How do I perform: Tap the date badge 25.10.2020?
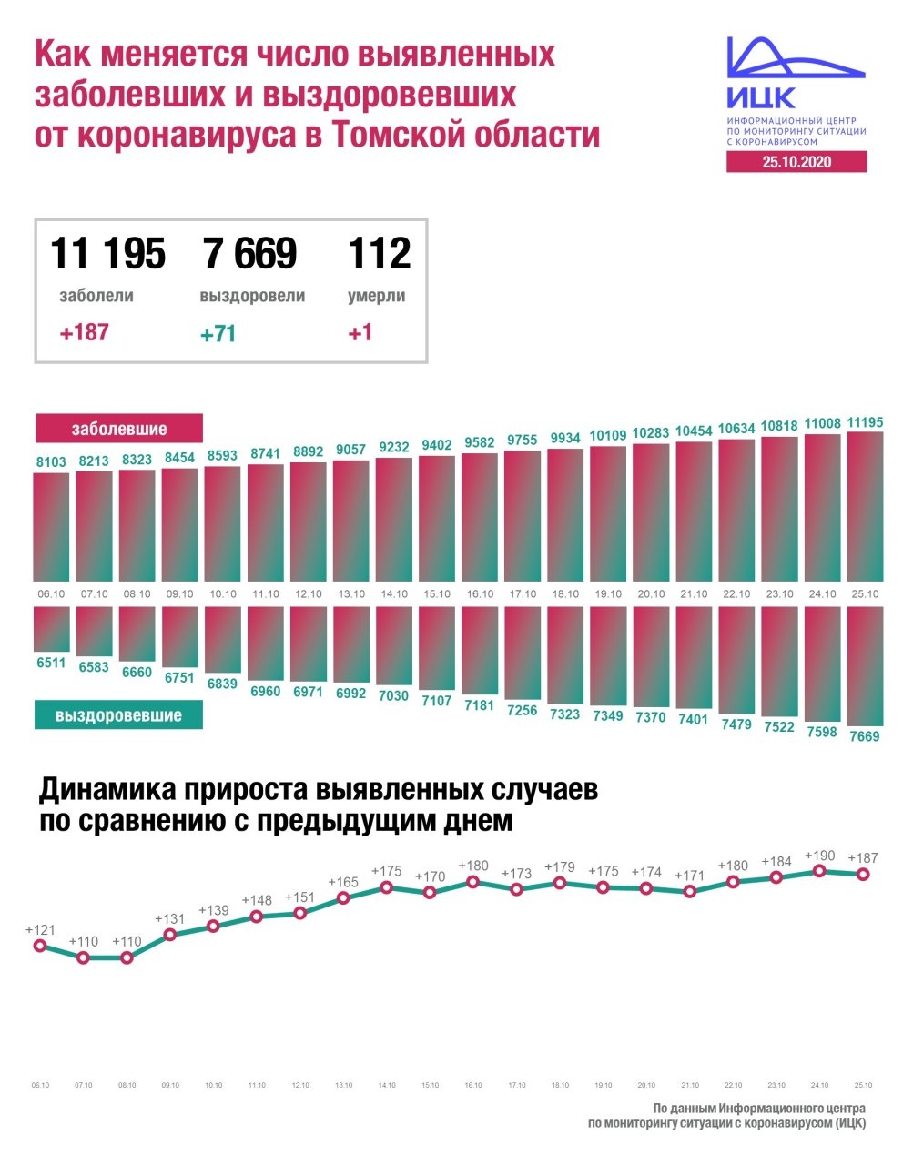click(796, 162)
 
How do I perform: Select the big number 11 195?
click(107, 253)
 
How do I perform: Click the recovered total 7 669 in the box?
click(250, 253)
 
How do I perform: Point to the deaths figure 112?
click(379, 253)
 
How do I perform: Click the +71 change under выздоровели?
click(218, 334)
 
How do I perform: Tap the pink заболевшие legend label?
click(119, 429)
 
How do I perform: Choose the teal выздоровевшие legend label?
click(118, 715)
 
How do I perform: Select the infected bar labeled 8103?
click(51, 526)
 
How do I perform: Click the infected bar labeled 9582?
click(480, 516)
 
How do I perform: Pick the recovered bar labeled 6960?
click(266, 643)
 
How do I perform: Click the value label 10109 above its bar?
click(608, 436)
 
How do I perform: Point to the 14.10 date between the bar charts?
click(394, 594)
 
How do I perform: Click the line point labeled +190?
click(819, 870)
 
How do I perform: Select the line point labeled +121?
click(39, 946)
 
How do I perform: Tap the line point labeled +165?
click(343, 897)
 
